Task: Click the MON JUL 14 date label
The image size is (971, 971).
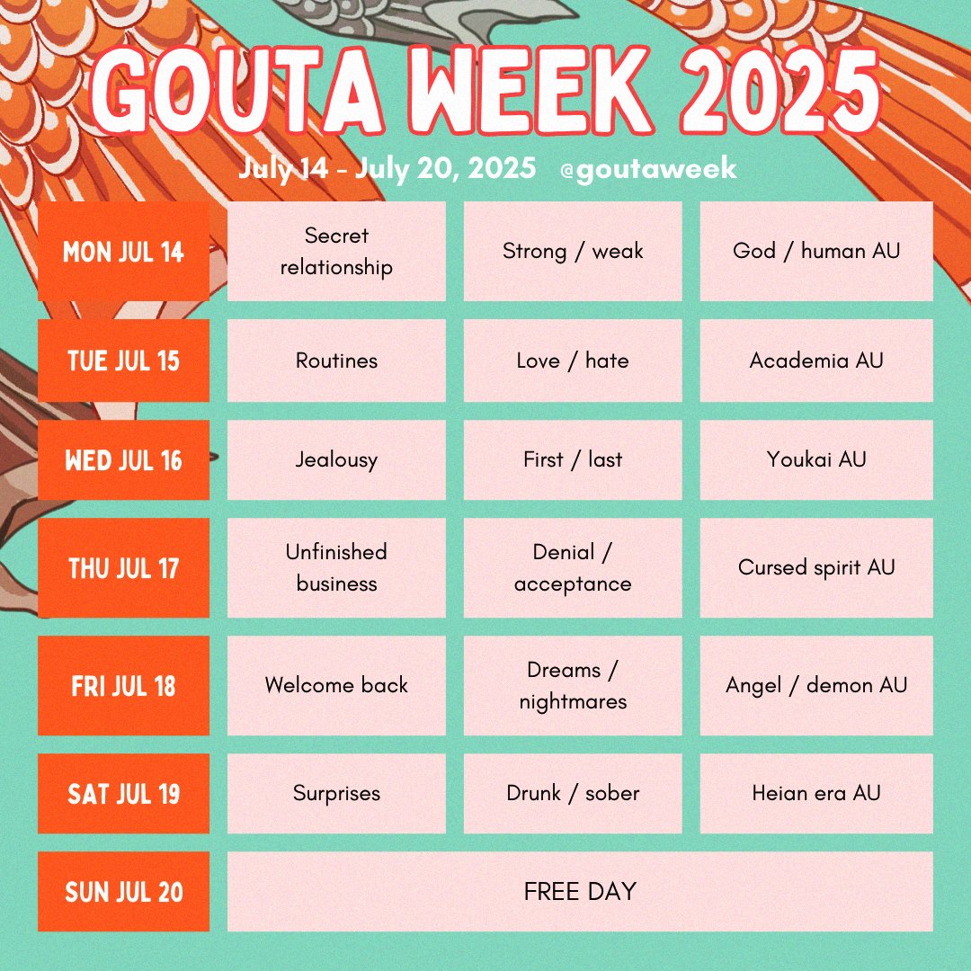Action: (x=123, y=252)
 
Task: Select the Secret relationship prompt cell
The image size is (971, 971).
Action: (x=336, y=252)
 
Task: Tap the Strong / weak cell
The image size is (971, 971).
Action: (x=573, y=252)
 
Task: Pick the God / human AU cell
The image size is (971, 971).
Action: (x=816, y=252)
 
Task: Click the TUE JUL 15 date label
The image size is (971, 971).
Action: (x=123, y=361)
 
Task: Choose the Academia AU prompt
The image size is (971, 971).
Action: (x=816, y=361)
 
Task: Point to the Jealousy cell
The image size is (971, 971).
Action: (x=336, y=459)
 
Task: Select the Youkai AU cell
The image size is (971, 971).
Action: (x=816, y=459)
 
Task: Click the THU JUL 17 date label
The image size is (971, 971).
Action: (x=123, y=568)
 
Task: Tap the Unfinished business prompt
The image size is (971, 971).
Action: (x=336, y=568)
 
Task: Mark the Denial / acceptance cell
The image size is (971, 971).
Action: (x=573, y=568)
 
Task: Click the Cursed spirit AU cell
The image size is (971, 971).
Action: (x=816, y=568)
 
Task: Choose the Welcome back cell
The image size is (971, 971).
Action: (x=336, y=685)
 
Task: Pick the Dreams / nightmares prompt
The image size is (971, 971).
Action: (x=573, y=685)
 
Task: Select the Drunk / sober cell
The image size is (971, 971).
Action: (x=573, y=794)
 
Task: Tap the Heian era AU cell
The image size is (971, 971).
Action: (x=816, y=794)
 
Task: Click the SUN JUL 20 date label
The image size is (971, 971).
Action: (x=123, y=892)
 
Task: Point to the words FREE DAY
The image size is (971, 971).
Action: (x=580, y=892)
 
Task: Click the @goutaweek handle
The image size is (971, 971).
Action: (x=647, y=169)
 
